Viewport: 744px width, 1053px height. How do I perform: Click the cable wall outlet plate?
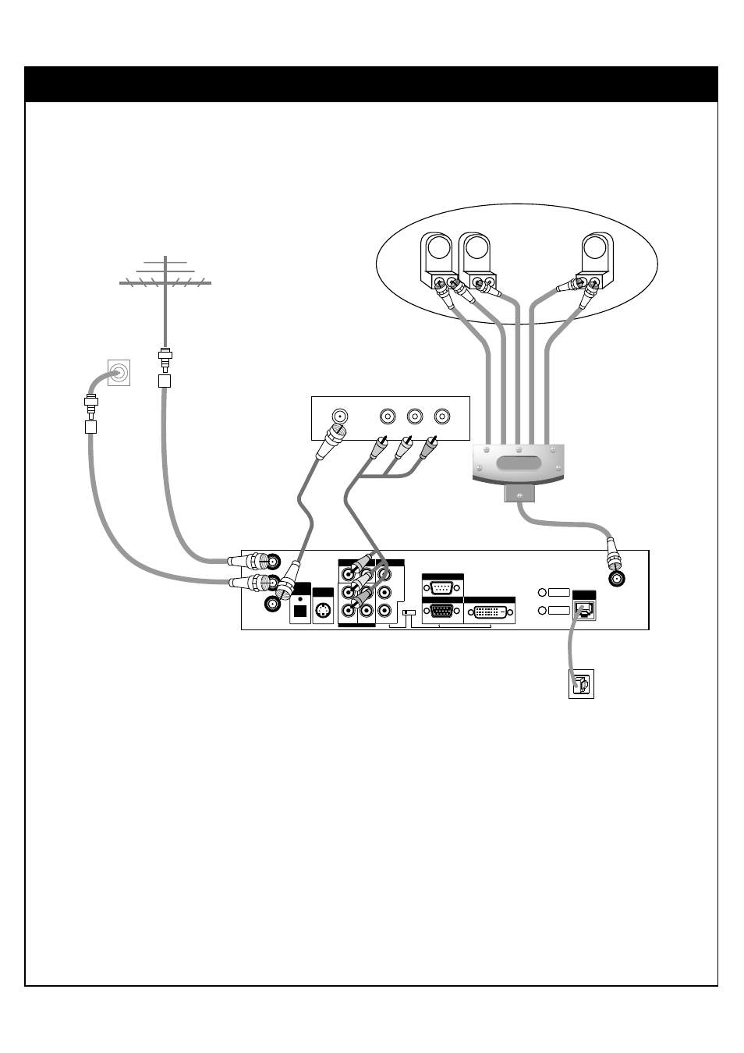point(118,373)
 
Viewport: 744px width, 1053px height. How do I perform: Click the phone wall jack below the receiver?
point(581,684)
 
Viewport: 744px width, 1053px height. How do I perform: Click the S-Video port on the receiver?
point(322,611)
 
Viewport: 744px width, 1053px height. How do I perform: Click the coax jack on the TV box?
point(339,417)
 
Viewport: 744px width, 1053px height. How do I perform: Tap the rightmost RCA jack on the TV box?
point(443,417)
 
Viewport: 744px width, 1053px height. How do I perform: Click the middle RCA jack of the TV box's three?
point(415,417)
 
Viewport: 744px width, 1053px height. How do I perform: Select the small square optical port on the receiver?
point(299,611)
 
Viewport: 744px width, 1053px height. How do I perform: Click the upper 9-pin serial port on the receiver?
point(442,588)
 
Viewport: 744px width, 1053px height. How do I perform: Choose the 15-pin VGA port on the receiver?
point(442,612)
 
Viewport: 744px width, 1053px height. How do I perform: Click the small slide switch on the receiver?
point(408,612)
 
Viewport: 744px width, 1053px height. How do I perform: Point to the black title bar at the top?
point(371,84)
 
